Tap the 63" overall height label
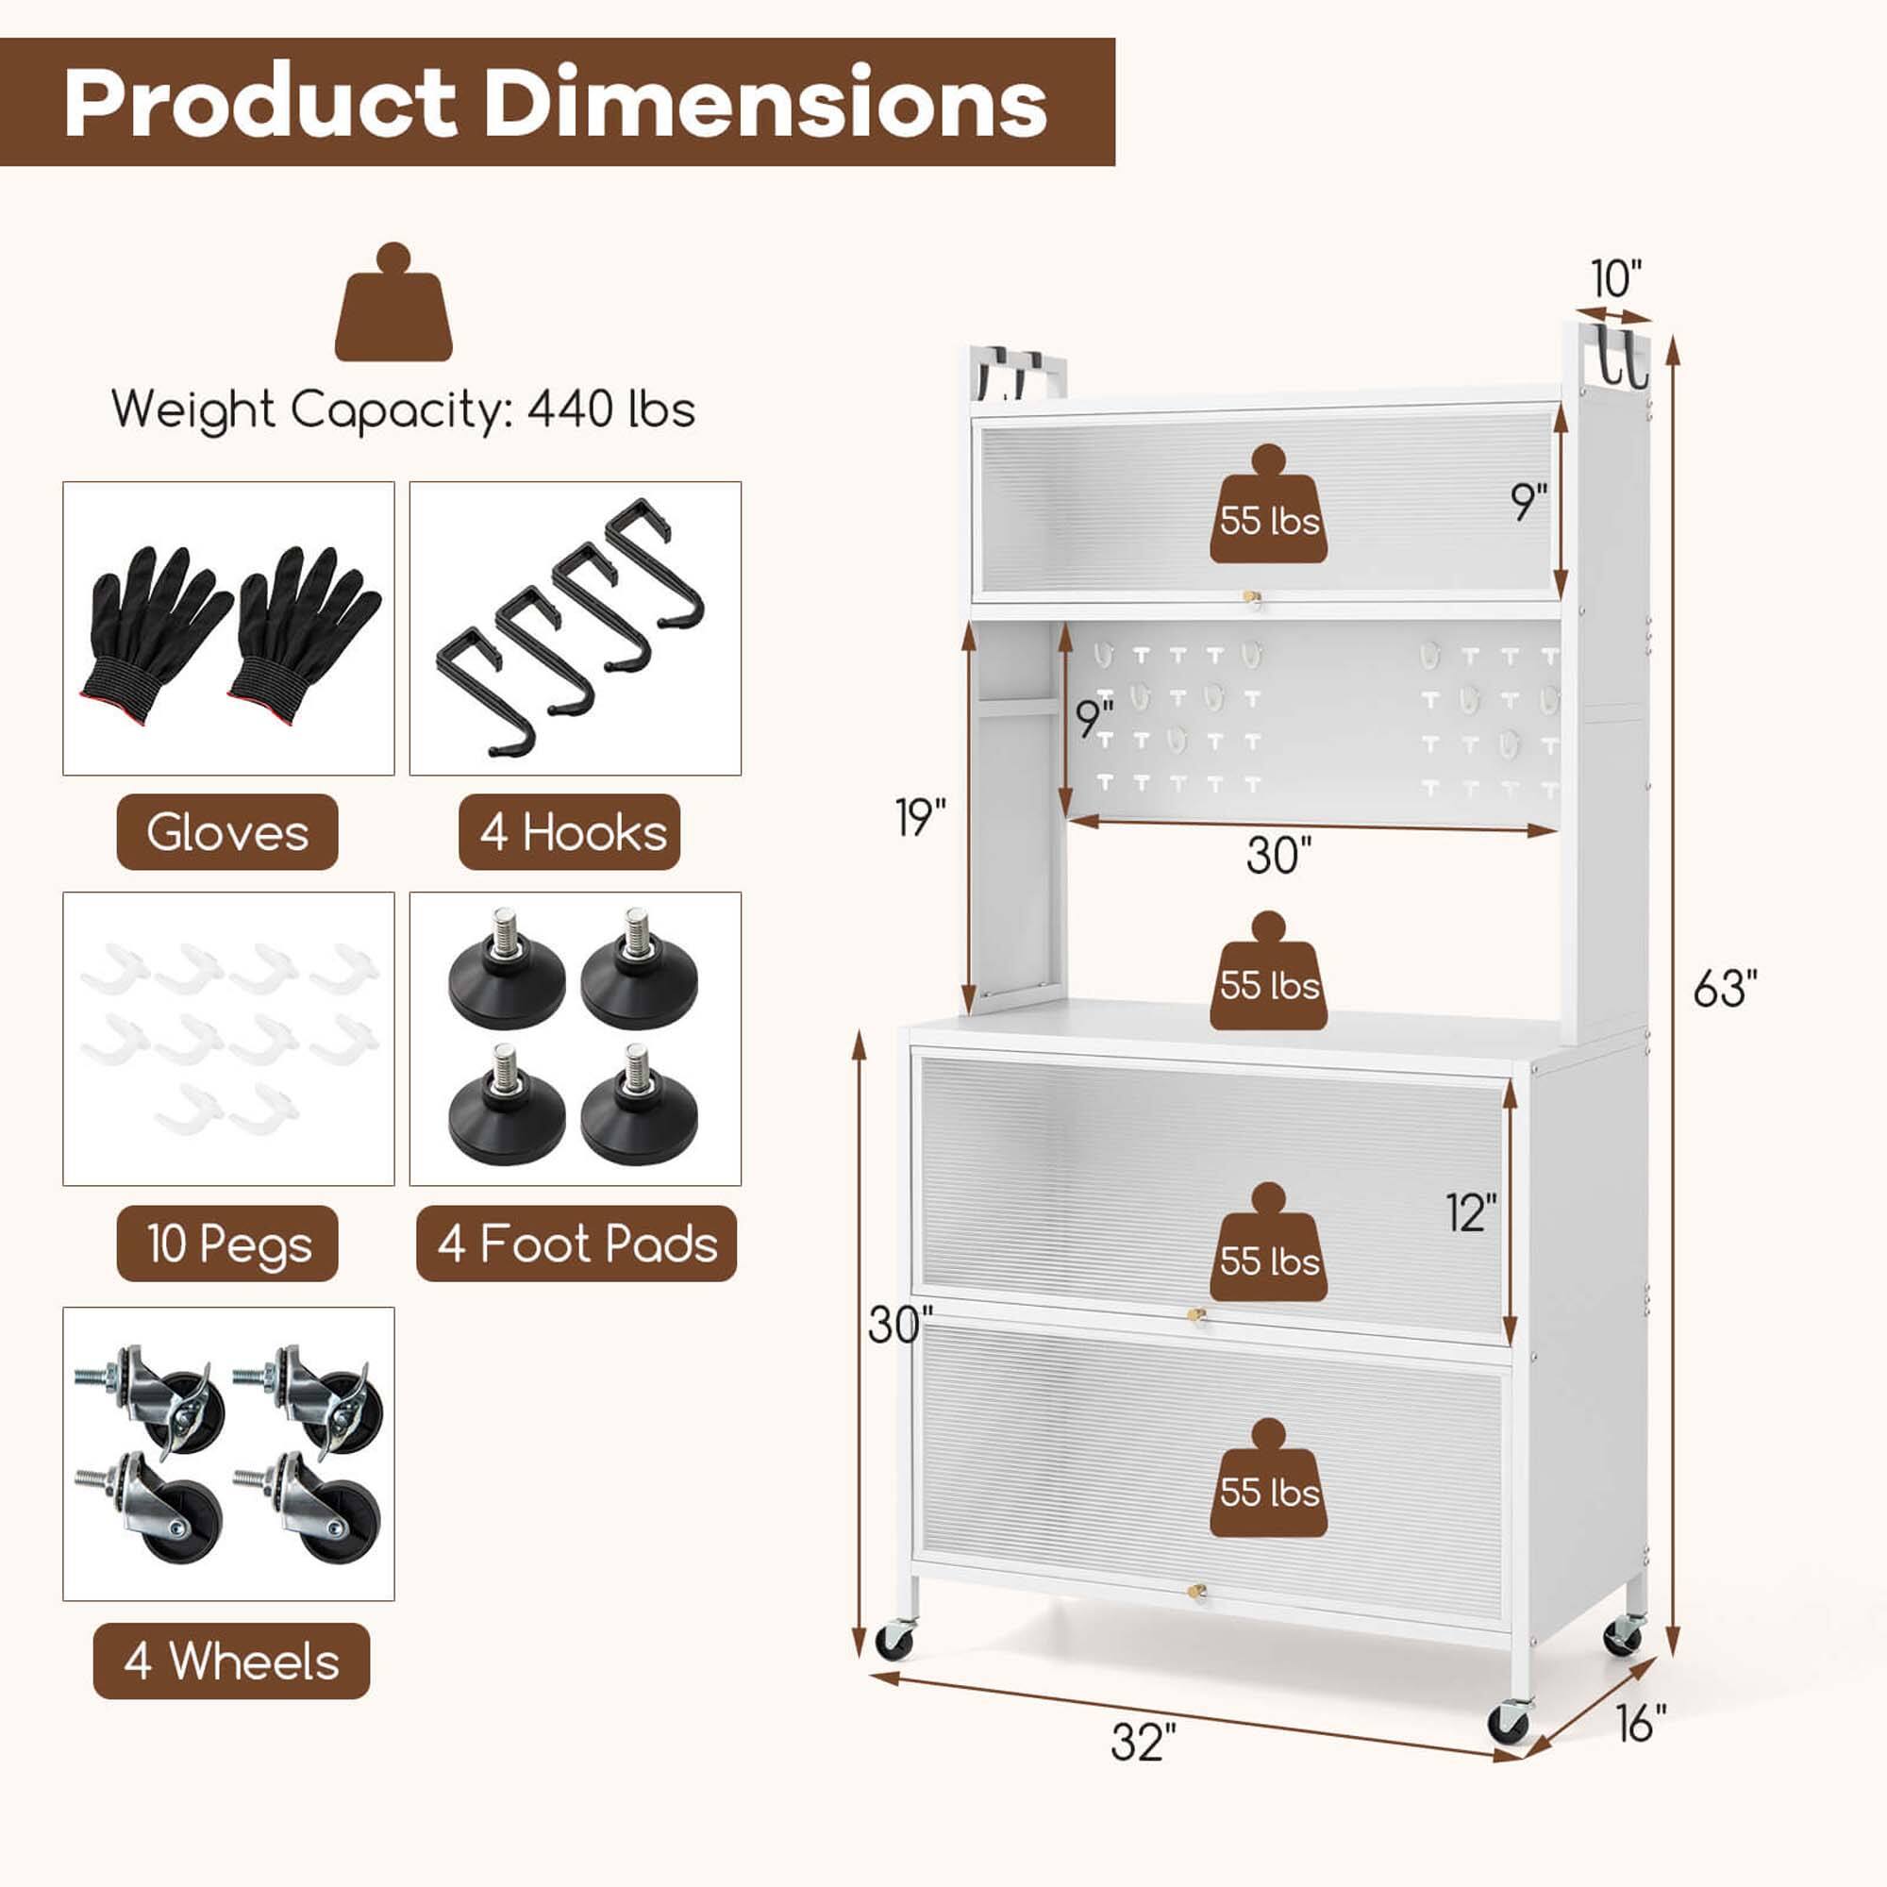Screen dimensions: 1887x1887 tap(1725, 989)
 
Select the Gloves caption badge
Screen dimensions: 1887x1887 tap(226, 832)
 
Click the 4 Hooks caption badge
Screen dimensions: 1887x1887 tap(570, 832)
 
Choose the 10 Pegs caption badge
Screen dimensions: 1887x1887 tap(226, 1244)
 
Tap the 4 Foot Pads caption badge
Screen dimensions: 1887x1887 tap(576, 1244)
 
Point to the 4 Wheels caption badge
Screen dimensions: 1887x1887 tap(231, 1662)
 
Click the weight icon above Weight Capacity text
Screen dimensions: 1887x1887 tap(393, 304)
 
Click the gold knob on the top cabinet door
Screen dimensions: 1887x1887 tap(1251, 597)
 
